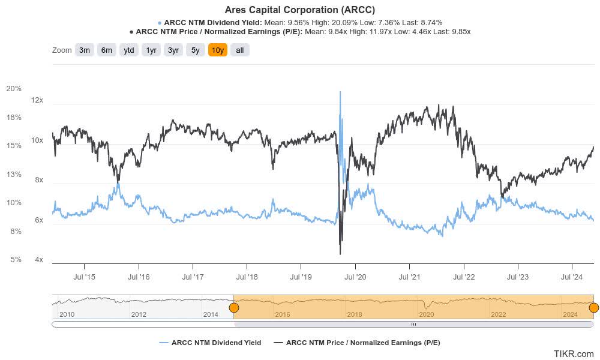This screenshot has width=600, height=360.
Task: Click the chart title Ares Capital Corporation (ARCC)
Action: (299, 10)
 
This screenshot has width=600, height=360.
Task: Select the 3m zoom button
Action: (84, 50)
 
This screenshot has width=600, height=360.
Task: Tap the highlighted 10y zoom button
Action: (217, 50)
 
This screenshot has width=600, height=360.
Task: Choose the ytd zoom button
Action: (128, 50)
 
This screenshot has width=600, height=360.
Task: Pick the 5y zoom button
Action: (195, 50)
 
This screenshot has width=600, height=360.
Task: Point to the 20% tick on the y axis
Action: (14, 89)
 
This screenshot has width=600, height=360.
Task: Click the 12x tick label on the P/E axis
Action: (37, 100)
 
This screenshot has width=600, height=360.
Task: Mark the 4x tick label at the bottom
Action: (39, 260)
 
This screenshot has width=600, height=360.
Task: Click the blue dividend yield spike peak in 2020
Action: (340, 92)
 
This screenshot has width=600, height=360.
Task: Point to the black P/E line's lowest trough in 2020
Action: (340, 253)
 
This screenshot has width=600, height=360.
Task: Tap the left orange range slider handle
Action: (234, 308)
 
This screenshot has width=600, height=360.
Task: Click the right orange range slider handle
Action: (593, 308)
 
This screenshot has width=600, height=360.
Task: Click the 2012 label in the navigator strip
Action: (139, 314)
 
